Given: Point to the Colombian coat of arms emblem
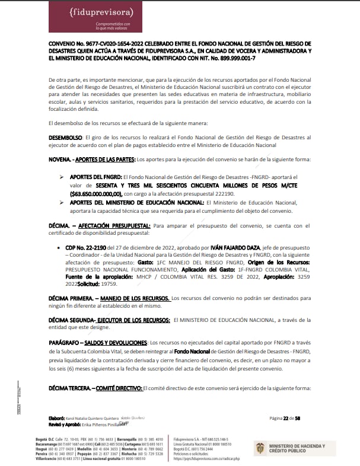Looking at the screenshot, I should click(x=260, y=449).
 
